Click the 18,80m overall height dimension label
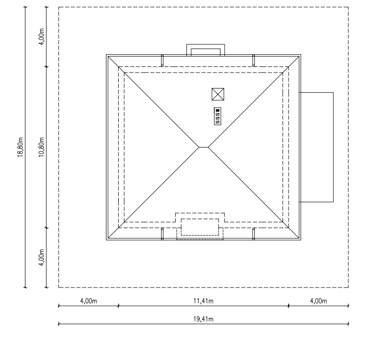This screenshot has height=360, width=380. tap(20, 147)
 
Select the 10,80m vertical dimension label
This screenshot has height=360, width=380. tap(42, 147)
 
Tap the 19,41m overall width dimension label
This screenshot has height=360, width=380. tap(203, 319)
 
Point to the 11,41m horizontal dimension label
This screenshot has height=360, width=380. tap(203, 301)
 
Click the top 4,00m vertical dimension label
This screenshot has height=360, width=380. tap(42, 37)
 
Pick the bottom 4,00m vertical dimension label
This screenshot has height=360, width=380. tap(42, 257)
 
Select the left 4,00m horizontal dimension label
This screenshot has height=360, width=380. tap(89, 301)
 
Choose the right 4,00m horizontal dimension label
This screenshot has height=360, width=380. tap(318, 301)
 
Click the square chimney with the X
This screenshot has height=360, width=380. tap(218, 94)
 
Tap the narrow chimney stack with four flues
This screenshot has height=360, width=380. tap(218, 116)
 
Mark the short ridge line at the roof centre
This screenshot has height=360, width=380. tap(203, 147)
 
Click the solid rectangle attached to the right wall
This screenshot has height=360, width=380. tap(333, 147)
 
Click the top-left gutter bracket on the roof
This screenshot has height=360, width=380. tap(162, 60)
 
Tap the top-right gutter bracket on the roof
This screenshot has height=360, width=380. tap(253, 60)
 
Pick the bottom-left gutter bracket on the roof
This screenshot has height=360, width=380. tap(162, 234)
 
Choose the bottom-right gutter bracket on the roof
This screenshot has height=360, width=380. tap(253, 234)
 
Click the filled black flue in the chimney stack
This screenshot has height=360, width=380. tap(218, 110)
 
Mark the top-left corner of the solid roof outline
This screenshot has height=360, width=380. tap(106, 55)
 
